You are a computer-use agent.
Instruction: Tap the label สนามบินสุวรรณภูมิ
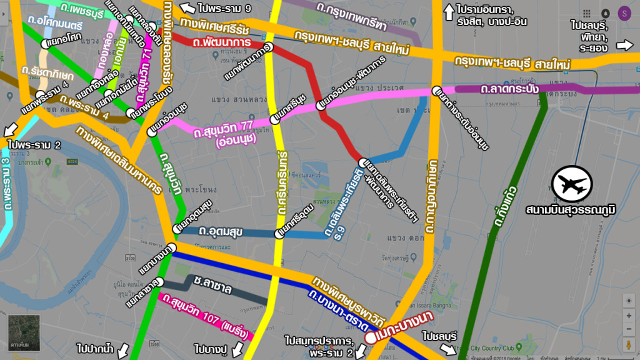pyautogui.click(x=571, y=210)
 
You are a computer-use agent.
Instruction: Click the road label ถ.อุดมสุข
pyautogui.click(x=221, y=231)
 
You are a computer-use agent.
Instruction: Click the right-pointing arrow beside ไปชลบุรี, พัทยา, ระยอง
pyautogui.click(x=624, y=46)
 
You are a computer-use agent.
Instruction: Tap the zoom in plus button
pyautogui.click(x=628, y=315)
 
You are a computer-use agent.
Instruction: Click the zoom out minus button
pyautogui.click(x=628, y=330)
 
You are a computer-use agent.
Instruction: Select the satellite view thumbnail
pyautogui.click(x=24, y=331)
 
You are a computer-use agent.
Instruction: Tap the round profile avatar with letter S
pyautogui.click(x=624, y=13)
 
